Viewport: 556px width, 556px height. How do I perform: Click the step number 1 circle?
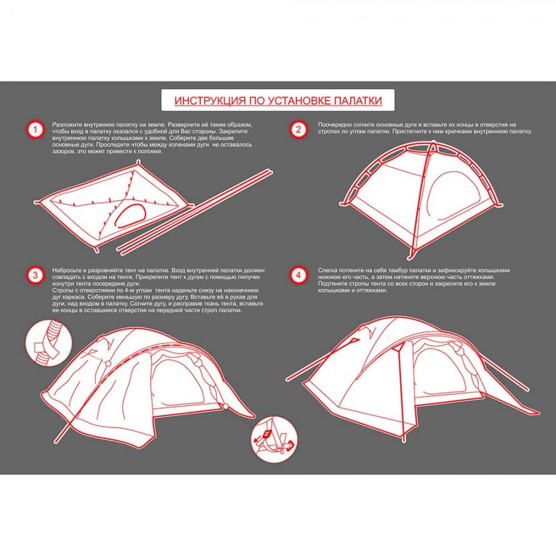35,130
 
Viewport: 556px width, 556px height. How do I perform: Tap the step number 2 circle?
298,130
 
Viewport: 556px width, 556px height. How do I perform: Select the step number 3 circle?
35,275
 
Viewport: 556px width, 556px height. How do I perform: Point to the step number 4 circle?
298,275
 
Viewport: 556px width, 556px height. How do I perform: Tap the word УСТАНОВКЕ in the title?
298,101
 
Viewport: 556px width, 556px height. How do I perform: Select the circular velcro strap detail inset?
49,343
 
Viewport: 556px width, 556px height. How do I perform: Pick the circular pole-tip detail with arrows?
274,439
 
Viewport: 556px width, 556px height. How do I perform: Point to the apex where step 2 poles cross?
433,145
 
